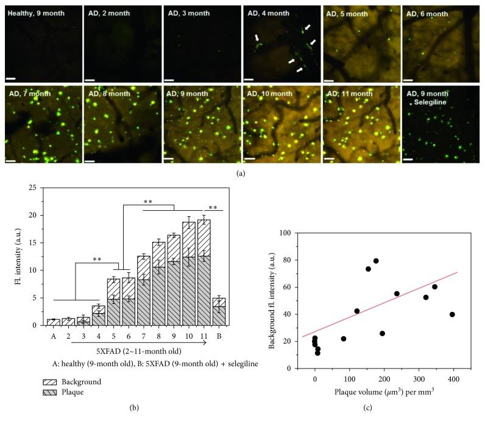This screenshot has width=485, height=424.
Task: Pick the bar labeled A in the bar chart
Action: click(x=53, y=322)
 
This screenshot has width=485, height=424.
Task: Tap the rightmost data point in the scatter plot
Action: click(x=452, y=314)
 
